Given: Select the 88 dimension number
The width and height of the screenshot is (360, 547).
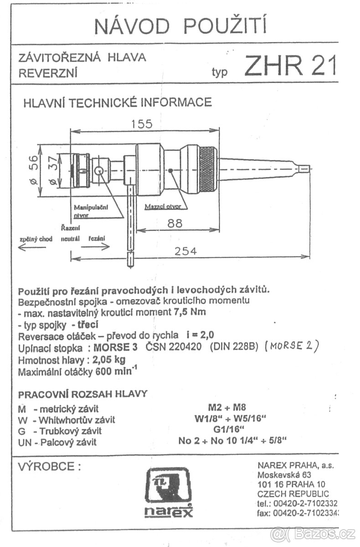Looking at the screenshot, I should click(174, 223).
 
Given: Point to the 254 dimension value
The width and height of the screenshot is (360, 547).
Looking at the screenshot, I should click(186, 251).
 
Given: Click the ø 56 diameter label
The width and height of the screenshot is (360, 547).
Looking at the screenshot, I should click(33, 171).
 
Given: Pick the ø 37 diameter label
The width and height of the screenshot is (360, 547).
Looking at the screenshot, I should click(51, 171).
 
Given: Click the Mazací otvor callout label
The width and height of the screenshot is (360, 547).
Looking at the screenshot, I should click(163, 206).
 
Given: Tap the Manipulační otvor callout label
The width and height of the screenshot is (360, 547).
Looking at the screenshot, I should click(91, 211).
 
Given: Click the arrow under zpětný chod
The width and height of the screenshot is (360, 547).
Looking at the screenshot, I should click(31, 247).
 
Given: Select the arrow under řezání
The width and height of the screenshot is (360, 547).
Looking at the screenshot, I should click(96, 247).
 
